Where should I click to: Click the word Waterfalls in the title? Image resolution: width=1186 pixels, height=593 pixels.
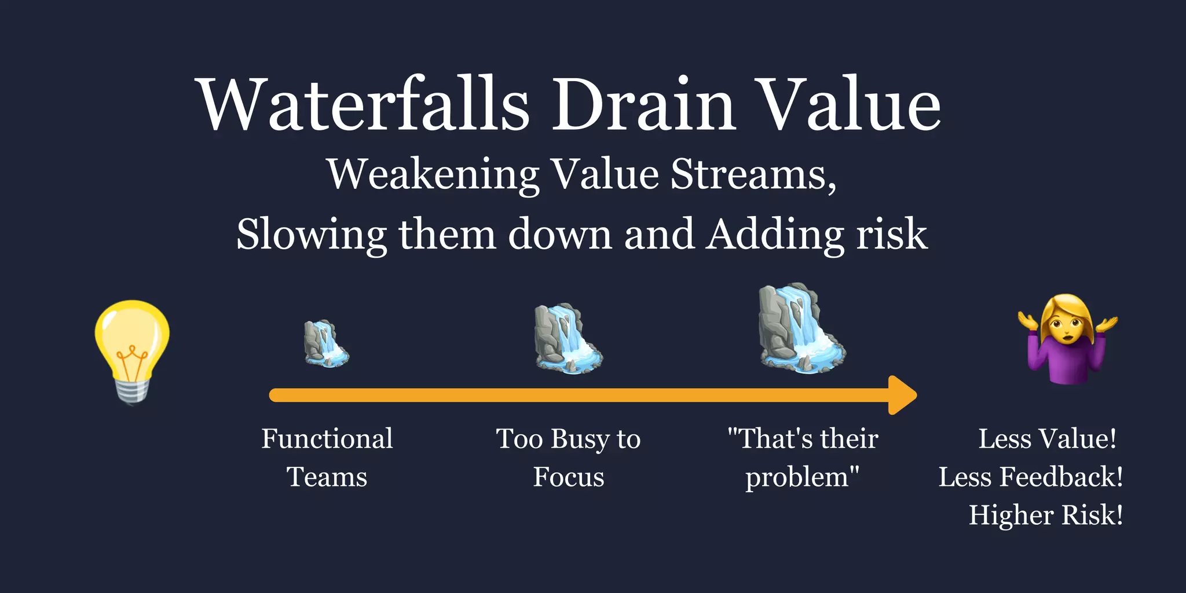364,104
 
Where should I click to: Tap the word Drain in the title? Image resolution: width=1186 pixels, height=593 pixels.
643,104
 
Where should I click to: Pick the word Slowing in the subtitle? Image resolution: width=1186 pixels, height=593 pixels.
312,234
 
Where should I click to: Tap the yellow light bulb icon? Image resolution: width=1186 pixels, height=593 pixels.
133,342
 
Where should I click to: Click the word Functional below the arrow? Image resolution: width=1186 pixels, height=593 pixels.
327,438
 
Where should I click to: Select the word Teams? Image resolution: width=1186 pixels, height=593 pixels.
327,477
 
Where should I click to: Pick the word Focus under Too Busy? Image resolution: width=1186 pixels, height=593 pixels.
569,477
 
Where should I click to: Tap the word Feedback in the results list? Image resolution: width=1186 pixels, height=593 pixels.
1060,477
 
